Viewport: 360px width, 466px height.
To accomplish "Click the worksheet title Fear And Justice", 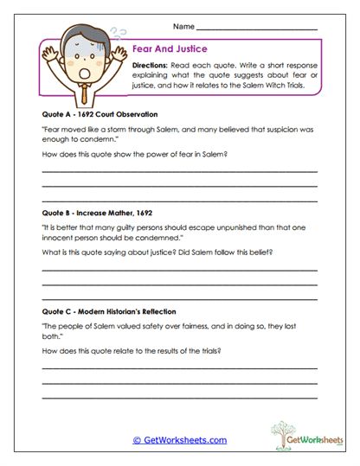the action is (x=169, y=50).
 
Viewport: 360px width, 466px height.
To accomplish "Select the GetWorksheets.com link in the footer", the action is (x=180, y=440).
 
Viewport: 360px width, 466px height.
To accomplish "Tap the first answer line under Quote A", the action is (x=179, y=173).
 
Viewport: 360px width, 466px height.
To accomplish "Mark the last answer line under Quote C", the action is (x=179, y=397).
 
